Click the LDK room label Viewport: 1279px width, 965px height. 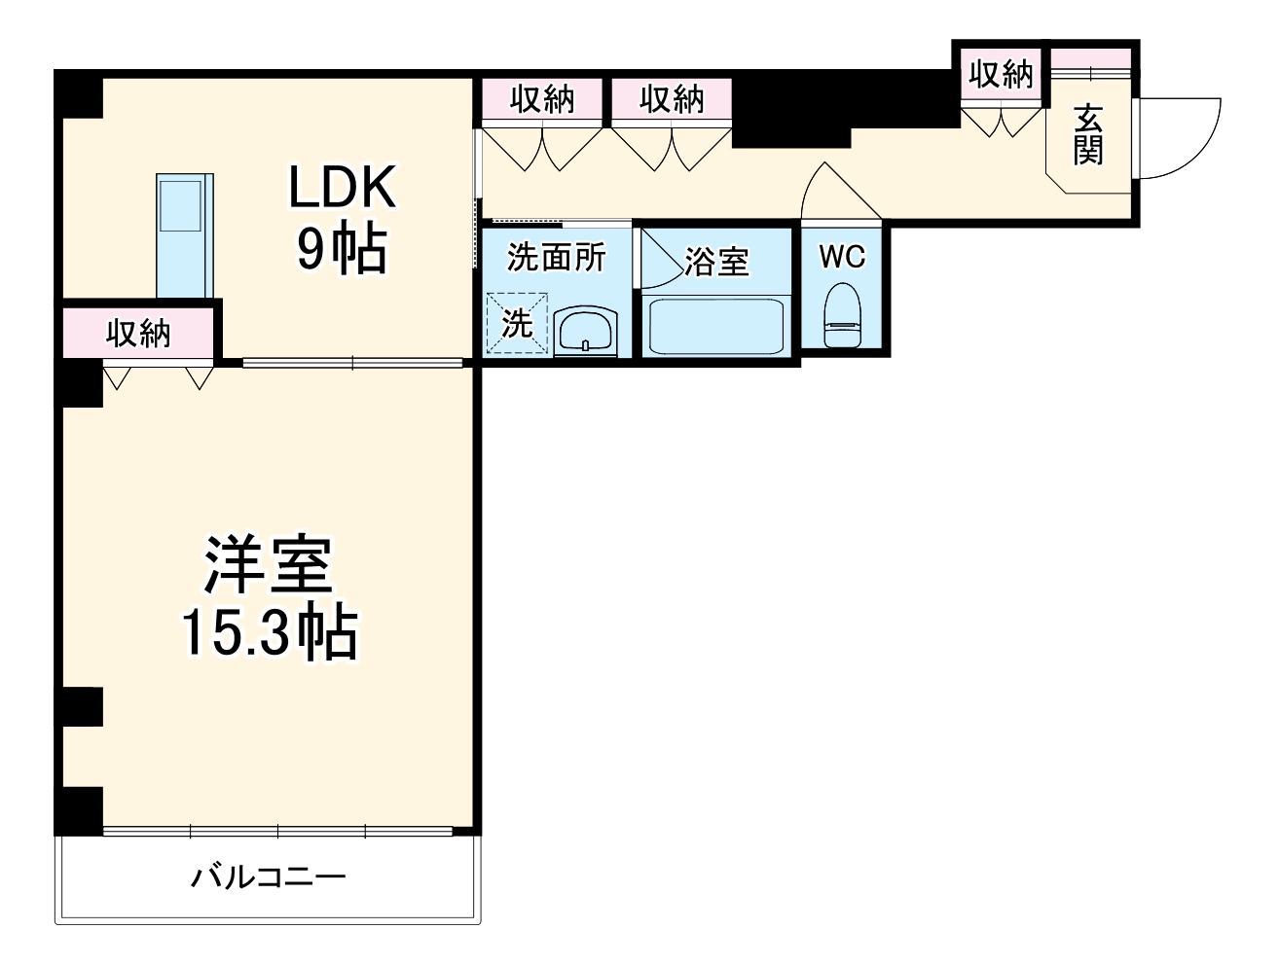[342, 188]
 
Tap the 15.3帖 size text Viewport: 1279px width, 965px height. [270, 633]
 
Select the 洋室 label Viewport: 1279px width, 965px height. [268, 565]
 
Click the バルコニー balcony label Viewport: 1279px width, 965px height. [268, 878]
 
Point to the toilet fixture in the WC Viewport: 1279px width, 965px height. [842, 315]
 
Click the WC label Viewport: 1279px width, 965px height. [842, 257]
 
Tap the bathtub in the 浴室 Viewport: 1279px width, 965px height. [715, 325]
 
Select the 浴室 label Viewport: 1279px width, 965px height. [716, 261]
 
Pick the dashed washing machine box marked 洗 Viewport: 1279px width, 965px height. [517, 324]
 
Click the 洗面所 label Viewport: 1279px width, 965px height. [557, 257]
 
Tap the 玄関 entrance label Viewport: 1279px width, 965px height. [1088, 134]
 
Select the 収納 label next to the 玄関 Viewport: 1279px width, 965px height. [1000, 74]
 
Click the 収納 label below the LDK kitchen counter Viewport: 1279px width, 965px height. [138, 333]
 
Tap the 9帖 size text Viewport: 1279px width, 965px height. [342, 250]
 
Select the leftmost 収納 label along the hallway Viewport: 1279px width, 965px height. [543, 99]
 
